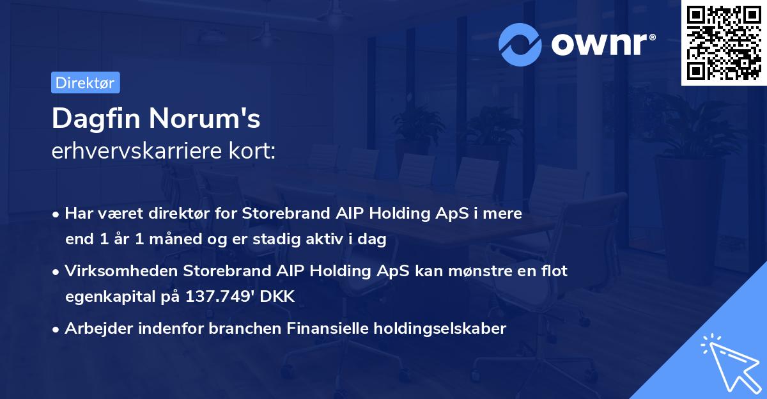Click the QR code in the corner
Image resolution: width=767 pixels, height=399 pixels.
[724, 42]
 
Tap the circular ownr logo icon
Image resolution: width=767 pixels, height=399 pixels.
[520, 44]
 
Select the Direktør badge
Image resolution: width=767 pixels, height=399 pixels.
[85, 82]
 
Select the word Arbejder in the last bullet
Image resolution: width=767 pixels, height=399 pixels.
[95, 329]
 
